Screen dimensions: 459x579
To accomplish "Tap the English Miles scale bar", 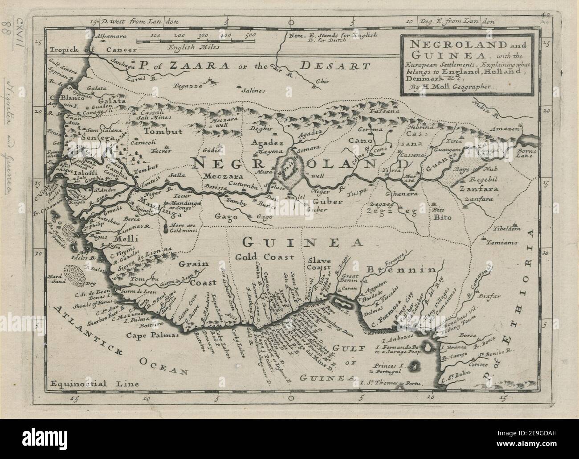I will (196, 41).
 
